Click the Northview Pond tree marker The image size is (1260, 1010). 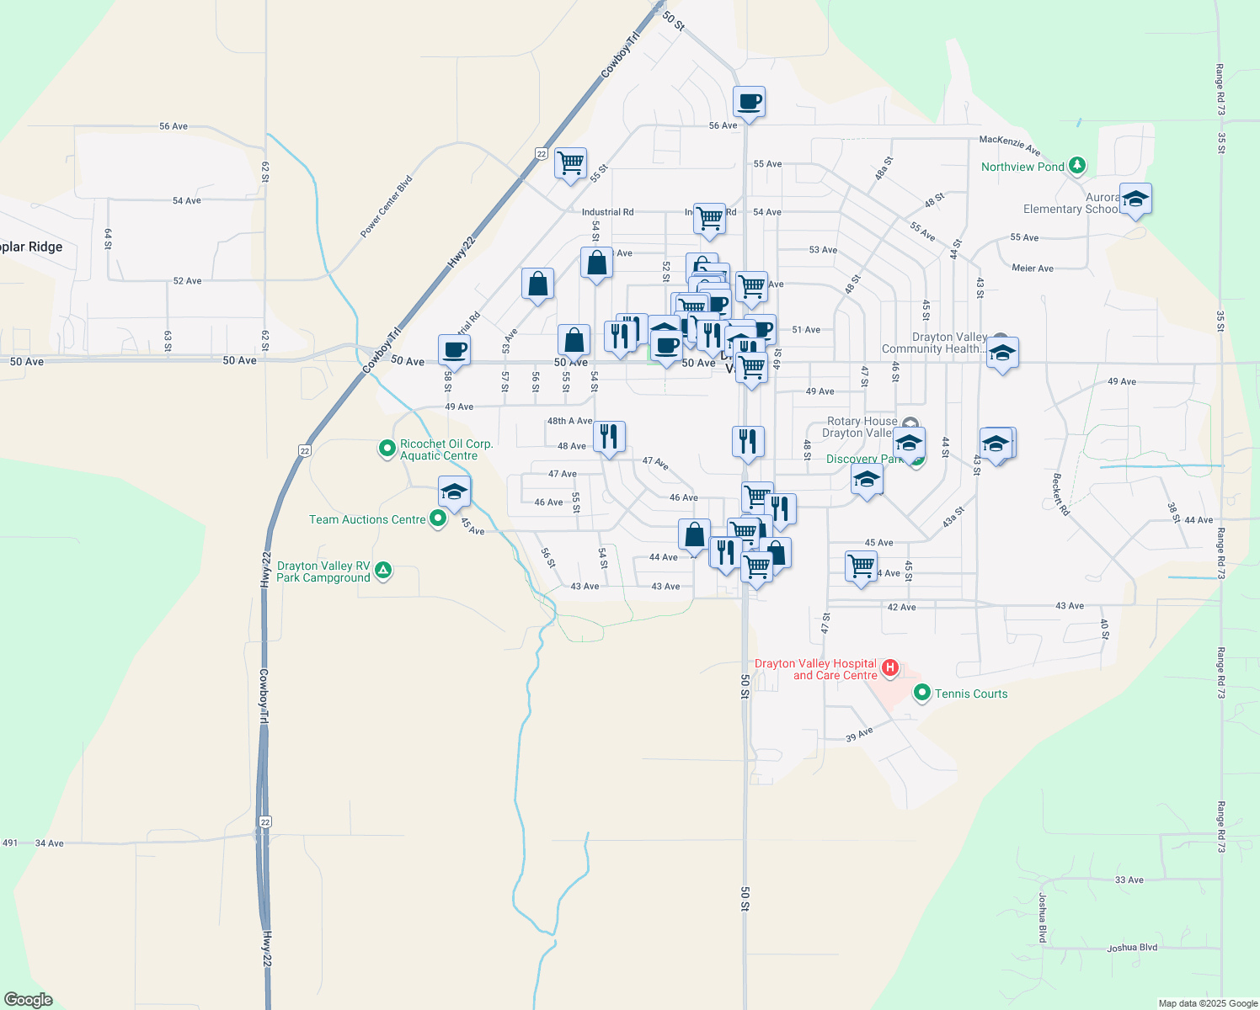[x=1077, y=166]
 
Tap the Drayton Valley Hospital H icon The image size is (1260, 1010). [x=889, y=669]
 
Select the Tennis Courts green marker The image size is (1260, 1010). [x=922, y=694]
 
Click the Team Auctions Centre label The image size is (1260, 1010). [x=367, y=519]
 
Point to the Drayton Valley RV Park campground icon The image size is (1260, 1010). [x=383, y=571]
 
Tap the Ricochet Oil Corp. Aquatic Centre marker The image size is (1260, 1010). [x=387, y=449]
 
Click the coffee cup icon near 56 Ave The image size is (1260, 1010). [x=749, y=102]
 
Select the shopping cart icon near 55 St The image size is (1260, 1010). [x=570, y=162]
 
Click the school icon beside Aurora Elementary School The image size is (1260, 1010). [x=1135, y=199]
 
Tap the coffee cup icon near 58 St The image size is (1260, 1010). [x=454, y=349]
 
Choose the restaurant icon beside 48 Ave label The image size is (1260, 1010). [x=609, y=437]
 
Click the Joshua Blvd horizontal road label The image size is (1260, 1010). [x=1132, y=948]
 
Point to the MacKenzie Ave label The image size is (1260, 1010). [x=1010, y=145]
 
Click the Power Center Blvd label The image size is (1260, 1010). [x=387, y=206]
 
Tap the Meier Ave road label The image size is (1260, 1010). [x=1033, y=268]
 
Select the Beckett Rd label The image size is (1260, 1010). [x=1061, y=494]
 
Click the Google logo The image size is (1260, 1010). [x=29, y=999]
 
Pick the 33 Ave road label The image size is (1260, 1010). [x=1129, y=880]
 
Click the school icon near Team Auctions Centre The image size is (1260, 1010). [x=454, y=492]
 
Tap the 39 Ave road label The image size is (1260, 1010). [x=859, y=735]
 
